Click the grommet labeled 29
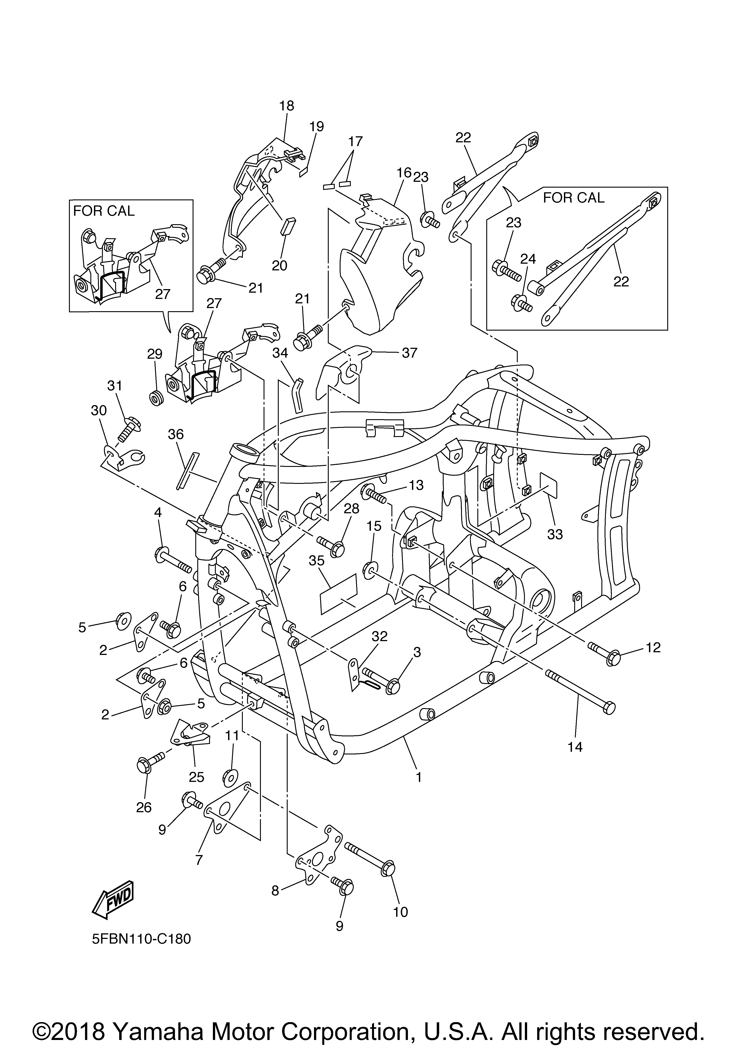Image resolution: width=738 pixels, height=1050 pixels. coord(156,398)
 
